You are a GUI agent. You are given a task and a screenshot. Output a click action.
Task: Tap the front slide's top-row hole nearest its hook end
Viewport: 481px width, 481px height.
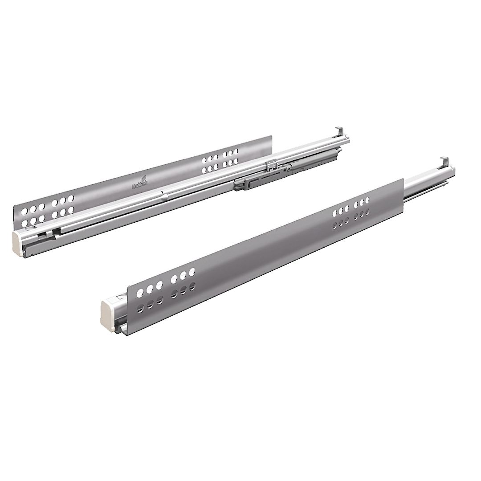pos(367,199)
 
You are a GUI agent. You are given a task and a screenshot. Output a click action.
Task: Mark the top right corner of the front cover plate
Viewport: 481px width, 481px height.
pos(404,179)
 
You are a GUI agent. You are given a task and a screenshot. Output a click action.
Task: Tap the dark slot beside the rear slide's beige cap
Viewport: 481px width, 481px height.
pos(42,233)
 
